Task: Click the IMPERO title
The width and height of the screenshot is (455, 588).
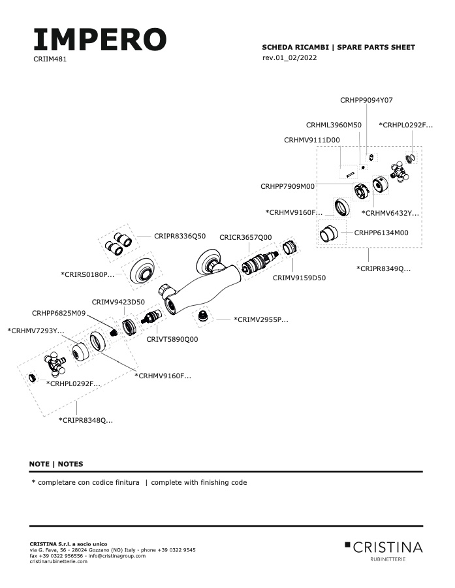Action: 100,39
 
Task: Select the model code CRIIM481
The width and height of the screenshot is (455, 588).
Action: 50,59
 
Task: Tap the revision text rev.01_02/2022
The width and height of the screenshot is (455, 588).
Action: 289,57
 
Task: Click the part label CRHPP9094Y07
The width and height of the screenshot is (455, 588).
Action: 366,100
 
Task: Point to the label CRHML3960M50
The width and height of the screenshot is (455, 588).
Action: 334,125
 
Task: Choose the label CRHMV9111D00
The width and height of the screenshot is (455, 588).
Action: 312,140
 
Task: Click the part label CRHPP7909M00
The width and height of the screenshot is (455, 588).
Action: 287,186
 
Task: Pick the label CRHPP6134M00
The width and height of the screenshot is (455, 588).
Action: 381,233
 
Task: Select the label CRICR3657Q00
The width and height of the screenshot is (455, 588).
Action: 245,237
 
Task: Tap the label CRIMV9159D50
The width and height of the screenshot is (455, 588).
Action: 299,278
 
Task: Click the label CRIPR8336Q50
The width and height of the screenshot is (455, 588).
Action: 180,236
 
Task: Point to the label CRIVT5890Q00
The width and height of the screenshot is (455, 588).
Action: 172,339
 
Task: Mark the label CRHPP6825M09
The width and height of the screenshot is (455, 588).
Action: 59,313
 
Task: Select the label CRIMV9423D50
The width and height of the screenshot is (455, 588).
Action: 118,302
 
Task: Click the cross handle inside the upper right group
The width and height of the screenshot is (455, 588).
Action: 400,172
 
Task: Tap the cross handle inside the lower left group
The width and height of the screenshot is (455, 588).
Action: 55,364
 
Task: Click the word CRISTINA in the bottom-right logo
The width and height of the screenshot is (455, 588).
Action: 388,547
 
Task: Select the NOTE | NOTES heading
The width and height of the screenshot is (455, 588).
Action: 56,464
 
